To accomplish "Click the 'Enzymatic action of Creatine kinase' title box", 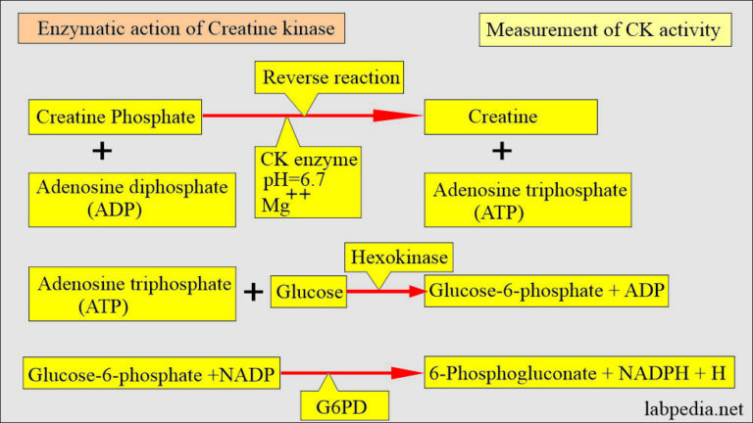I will pos(185,28).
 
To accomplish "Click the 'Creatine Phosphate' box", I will pos(115,117).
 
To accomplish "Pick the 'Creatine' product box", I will pos(501,117).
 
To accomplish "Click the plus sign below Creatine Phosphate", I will pos(101,152).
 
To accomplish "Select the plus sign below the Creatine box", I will pos(501,152).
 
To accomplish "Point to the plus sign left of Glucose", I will pos(254,291).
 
